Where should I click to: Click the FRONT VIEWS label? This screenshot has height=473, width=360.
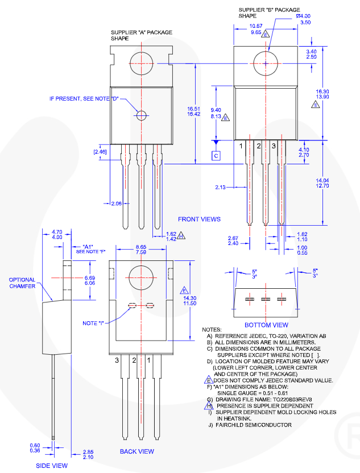tap(199, 219)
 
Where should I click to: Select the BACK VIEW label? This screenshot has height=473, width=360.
tap(136, 451)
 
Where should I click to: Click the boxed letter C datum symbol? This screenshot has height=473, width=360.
tap(216, 155)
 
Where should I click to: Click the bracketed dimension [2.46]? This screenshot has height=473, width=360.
tap(100, 152)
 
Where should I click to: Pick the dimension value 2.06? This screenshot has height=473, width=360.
tap(116, 204)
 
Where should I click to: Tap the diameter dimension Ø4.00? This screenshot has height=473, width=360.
tap(303, 16)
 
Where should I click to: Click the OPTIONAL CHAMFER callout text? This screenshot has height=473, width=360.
tap(22, 283)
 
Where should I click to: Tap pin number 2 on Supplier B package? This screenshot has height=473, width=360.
tap(259, 147)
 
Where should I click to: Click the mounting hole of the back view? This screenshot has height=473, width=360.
tap(140, 279)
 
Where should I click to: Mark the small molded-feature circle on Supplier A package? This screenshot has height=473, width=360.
tap(142, 115)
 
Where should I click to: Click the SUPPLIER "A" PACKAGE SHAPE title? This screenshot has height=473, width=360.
tap(141, 35)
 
